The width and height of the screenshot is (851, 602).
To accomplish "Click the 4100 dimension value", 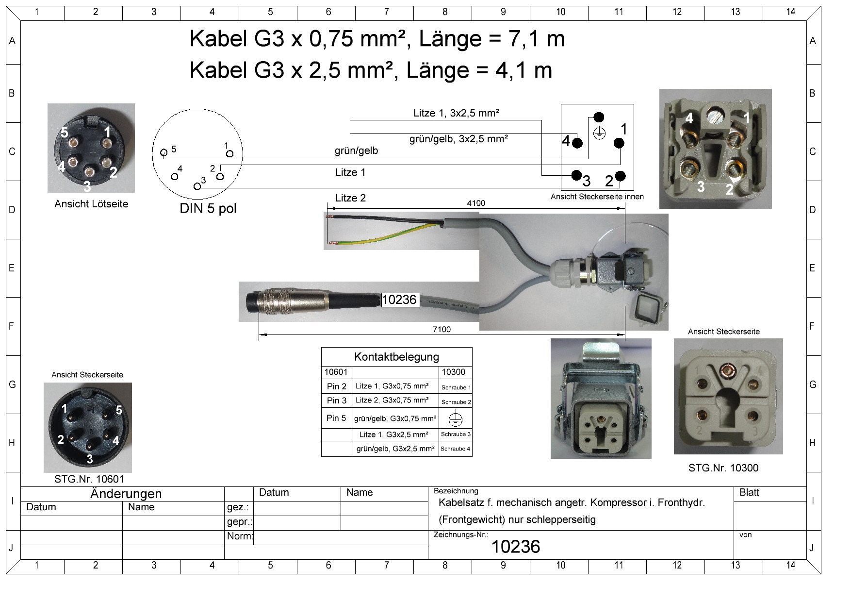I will [475, 203].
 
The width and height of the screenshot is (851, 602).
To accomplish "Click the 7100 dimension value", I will [442, 329].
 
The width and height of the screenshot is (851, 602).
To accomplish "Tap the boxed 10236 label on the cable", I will [399, 300].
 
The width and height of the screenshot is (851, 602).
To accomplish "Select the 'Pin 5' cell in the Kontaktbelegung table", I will [336, 418].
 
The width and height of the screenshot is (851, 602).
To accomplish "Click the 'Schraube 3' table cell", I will [456, 435].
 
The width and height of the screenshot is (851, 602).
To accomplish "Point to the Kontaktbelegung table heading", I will [396, 357].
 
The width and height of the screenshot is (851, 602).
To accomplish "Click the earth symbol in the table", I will [455, 418].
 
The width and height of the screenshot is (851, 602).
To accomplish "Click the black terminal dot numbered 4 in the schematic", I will [577, 143].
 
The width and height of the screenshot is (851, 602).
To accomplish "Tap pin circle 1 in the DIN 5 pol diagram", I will [229, 154].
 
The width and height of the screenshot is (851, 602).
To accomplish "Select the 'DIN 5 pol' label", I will [208, 209].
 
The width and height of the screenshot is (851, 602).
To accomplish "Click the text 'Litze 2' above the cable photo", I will [350, 198].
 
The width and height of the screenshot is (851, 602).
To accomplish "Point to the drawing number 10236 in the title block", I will [515, 547].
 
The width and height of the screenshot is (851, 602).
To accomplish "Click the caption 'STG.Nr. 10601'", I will [89, 479].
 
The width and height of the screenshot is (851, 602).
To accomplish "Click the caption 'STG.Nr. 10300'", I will [723, 468].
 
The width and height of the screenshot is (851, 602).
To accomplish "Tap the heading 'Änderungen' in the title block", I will [126, 494].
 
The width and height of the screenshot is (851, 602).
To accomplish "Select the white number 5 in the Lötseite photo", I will [65, 132].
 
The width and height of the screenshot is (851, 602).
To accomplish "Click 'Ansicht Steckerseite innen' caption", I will [597, 197].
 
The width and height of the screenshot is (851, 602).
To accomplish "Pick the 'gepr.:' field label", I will [239, 522].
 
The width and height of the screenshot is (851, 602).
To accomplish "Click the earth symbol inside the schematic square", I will [599, 133].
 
